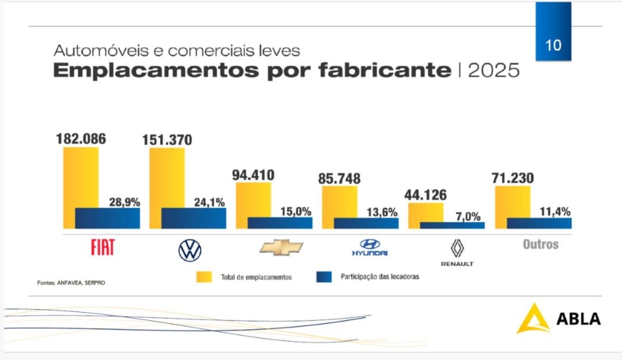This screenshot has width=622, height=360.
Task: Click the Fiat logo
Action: [103, 247]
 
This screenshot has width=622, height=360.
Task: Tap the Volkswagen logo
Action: [190, 250]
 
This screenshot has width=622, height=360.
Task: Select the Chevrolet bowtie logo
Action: [281, 247]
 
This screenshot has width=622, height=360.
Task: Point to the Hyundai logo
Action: [370, 247]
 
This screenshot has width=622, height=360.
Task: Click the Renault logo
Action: [457, 252]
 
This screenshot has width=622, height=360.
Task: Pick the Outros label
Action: [541, 244]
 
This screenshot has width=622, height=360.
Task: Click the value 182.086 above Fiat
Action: [81, 139]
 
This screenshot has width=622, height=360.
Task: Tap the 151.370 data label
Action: [168, 140]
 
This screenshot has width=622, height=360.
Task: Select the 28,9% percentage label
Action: [125, 202]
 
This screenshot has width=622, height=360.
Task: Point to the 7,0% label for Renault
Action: [468, 216]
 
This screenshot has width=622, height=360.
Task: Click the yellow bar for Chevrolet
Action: [254, 199]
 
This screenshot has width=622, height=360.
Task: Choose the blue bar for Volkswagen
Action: [194, 218]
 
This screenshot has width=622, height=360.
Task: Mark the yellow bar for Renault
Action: [427, 212]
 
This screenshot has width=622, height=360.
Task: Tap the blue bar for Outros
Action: [539, 223]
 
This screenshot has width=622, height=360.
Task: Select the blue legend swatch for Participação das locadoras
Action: [325, 277]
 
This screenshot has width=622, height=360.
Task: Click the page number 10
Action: [553, 45]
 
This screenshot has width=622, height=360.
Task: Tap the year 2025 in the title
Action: [493, 70]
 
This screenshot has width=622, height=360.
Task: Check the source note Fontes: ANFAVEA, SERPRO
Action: [71, 283]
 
